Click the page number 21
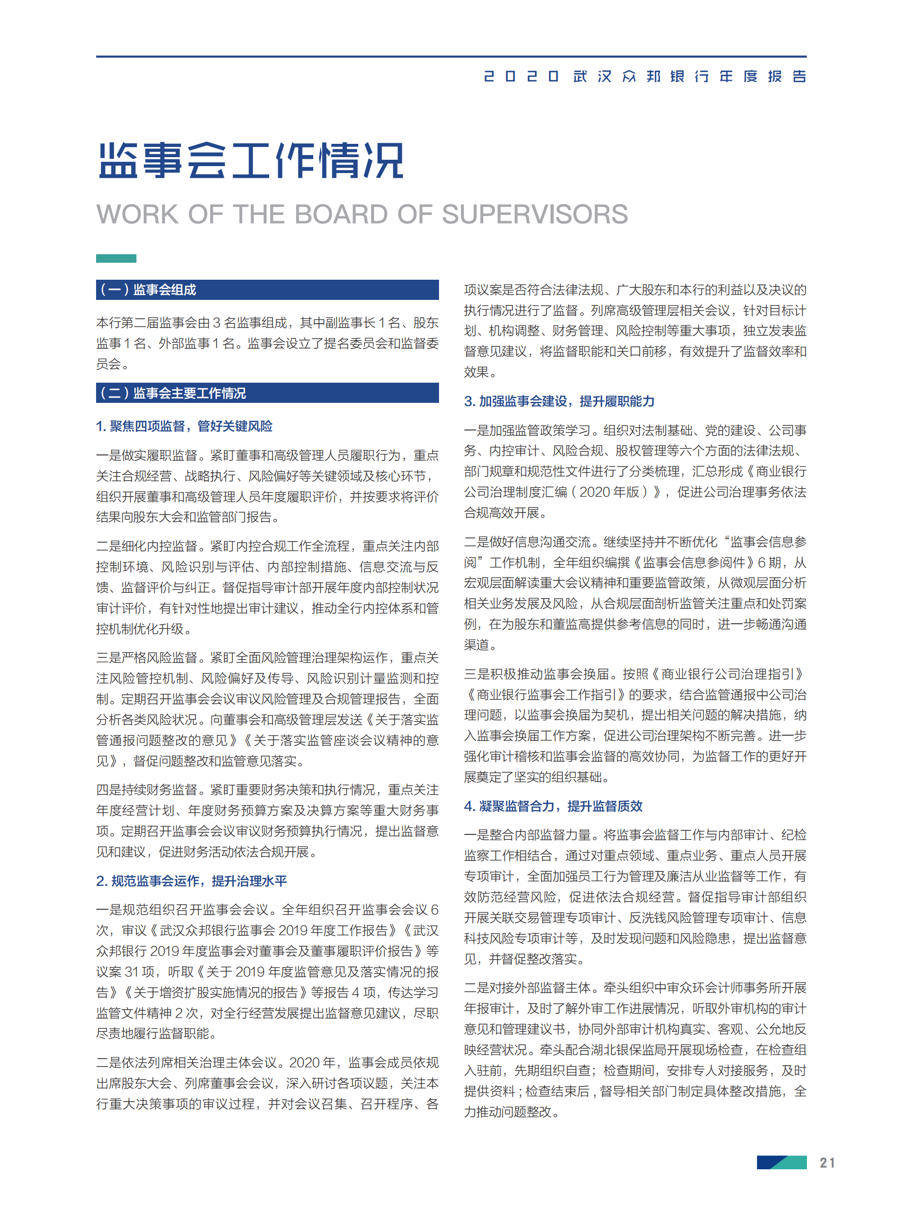827,1162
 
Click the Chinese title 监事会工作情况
251,161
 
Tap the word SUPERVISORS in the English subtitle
535,214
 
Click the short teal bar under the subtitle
116,258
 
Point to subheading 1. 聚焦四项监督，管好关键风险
184,426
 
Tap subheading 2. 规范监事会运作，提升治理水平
191,881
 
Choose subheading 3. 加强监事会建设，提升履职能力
558,401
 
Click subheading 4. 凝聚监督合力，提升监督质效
553,806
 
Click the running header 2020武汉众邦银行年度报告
644,76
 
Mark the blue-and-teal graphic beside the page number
781,1162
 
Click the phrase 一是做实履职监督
147,455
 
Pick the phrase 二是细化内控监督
147,546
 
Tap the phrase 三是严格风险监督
147,658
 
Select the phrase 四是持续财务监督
147,790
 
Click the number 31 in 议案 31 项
132,972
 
